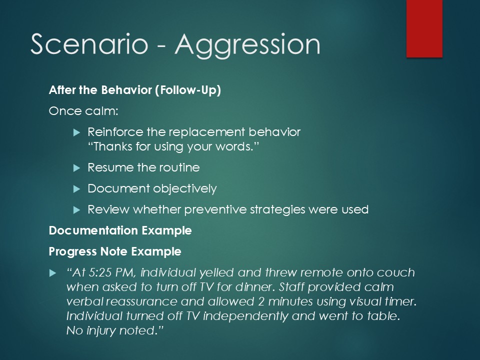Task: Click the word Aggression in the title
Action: pos(247,45)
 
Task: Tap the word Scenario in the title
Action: pos(89,44)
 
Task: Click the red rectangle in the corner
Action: pos(424,28)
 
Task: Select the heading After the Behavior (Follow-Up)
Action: pos(134,90)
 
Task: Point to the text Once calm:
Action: pos(83,111)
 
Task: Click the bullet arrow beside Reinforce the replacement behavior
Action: pos(76,132)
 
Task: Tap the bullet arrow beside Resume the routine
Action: pos(76,168)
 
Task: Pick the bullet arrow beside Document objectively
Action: pos(76,189)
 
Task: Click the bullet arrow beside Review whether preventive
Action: pos(76,210)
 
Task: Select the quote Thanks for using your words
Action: pos(173,146)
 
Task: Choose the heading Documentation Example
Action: pos(120,230)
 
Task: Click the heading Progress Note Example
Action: pos(115,251)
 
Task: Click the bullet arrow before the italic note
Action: pos(52,273)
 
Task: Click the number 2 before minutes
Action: pos(261,301)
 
